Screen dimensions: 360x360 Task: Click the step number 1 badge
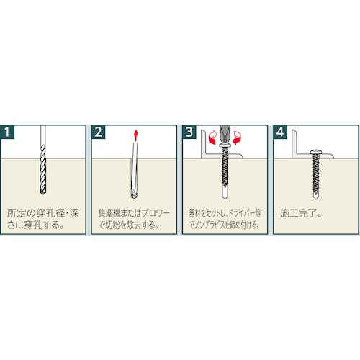(7, 132)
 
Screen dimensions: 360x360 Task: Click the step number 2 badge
(98, 132)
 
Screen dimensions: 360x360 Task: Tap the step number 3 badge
(189, 132)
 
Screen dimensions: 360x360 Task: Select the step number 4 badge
(280, 132)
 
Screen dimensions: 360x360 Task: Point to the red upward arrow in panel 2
(136, 135)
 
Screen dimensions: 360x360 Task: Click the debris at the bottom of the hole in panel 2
(134, 194)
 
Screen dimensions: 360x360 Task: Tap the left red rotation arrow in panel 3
(212, 138)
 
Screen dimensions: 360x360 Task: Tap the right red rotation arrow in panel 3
(237, 138)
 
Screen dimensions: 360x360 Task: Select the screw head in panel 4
(316, 152)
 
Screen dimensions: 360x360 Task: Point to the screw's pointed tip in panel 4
(316, 198)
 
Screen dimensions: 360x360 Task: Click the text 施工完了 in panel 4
(298, 213)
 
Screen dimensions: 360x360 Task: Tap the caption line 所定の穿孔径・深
(43, 213)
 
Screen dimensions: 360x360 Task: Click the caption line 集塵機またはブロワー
(134, 213)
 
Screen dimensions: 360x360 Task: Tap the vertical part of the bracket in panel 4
(294, 143)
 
